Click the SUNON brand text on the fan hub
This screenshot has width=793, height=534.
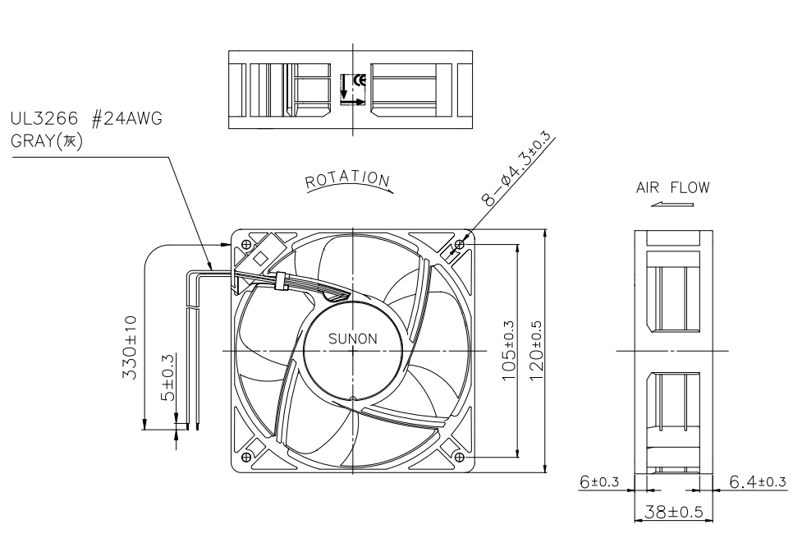(x=352, y=338)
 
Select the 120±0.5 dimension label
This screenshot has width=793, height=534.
(x=536, y=351)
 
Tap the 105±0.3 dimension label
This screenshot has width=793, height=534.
(x=508, y=351)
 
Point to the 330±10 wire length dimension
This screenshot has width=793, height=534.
(x=129, y=348)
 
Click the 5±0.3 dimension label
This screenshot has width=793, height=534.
(x=167, y=377)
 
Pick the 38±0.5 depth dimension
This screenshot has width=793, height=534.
(x=673, y=511)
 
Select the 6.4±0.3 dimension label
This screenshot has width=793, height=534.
(x=758, y=481)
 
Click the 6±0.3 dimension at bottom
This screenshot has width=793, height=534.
(x=599, y=481)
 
